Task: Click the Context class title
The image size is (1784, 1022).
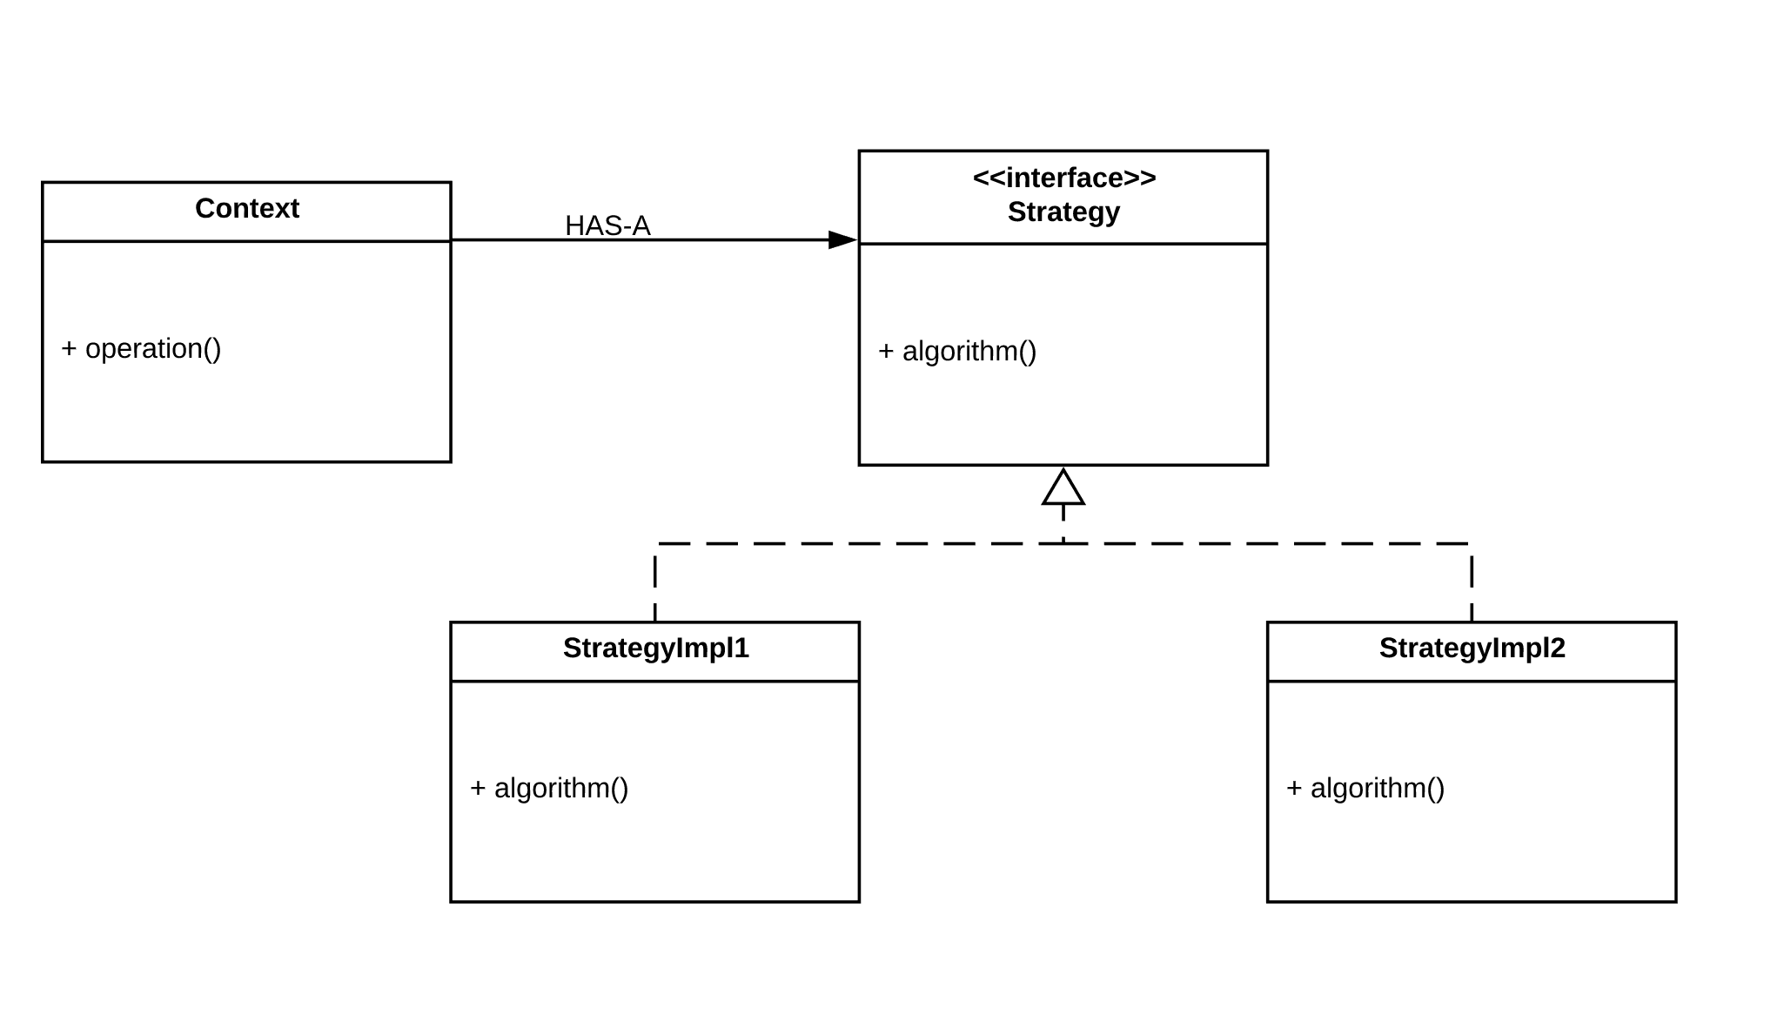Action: tap(246, 209)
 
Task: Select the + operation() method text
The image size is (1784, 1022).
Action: tap(141, 348)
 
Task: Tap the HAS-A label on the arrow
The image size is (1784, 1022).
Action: tap(607, 225)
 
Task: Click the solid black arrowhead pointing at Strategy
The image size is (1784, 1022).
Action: tap(842, 240)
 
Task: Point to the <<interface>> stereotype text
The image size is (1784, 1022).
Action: tap(1063, 178)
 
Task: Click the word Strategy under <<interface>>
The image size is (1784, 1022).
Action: tap(1063, 212)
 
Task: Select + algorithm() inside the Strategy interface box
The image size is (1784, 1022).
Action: tap(957, 351)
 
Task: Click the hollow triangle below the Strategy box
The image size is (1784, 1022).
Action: tap(1063, 487)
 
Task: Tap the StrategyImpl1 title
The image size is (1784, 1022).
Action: tap(655, 648)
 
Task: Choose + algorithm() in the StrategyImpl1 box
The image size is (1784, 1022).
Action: tap(549, 788)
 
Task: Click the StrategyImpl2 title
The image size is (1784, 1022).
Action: tap(1472, 648)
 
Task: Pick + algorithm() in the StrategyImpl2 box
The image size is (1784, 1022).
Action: tap(1365, 788)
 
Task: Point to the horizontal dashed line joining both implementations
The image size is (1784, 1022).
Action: tap(870, 544)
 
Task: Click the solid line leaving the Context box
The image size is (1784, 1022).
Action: tap(522, 240)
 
